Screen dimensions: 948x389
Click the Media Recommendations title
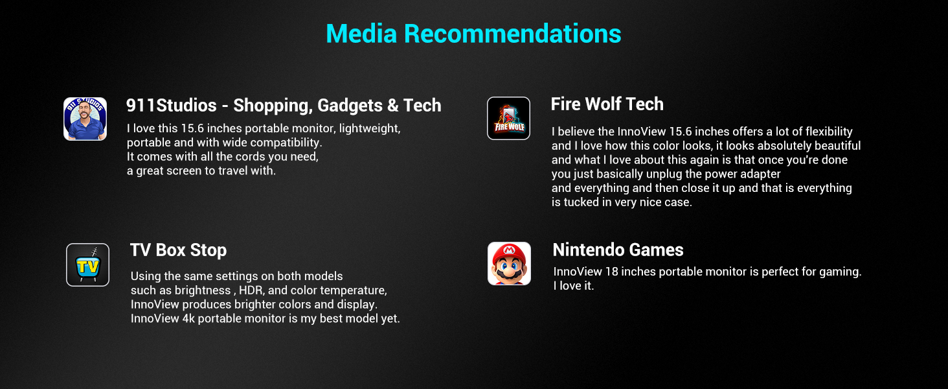pyautogui.click(x=473, y=34)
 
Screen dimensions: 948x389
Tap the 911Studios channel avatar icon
pyautogui.click(x=85, y=119)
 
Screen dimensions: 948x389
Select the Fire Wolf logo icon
pyautogui.click(x=509, y=118)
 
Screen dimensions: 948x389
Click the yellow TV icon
pyautogui.click(x=87, y=265)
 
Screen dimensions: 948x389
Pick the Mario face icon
pyautogui.click(x=509, y=264)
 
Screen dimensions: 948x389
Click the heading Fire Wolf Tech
pyautogui.click(x=607, y=104)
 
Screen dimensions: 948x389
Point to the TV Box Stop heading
pyautogui.click(x=178, y=250)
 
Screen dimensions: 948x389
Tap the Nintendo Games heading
pyautogui.click(x=618, y=250)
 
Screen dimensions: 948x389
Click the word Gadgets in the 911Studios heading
pyautogui.click(x=350, y=106)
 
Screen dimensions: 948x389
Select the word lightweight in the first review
pyautogui.click(x=370, y=129)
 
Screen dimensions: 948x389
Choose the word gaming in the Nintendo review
pyautogui.click(x=840, y=272)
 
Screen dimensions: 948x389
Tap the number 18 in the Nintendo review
pyautogui.click(x=611, y=272)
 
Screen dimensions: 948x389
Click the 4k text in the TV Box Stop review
pyautogui.click(x=188, y=318)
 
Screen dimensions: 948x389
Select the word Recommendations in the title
pyautogui.click(x=512, y=34)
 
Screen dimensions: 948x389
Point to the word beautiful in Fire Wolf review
pyautogui.click(x=837, y=146)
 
